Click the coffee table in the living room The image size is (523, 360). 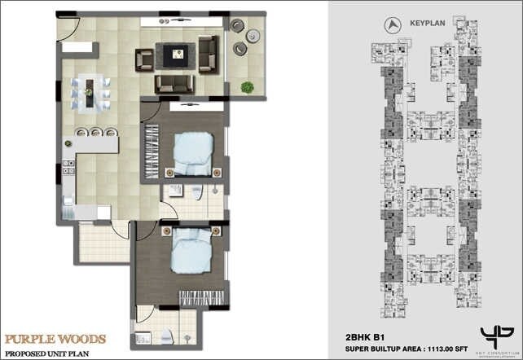point(175,55)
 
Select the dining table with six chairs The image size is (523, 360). point(92,89)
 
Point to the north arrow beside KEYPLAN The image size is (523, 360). point(394,25)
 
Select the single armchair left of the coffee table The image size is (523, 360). point(144,58)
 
